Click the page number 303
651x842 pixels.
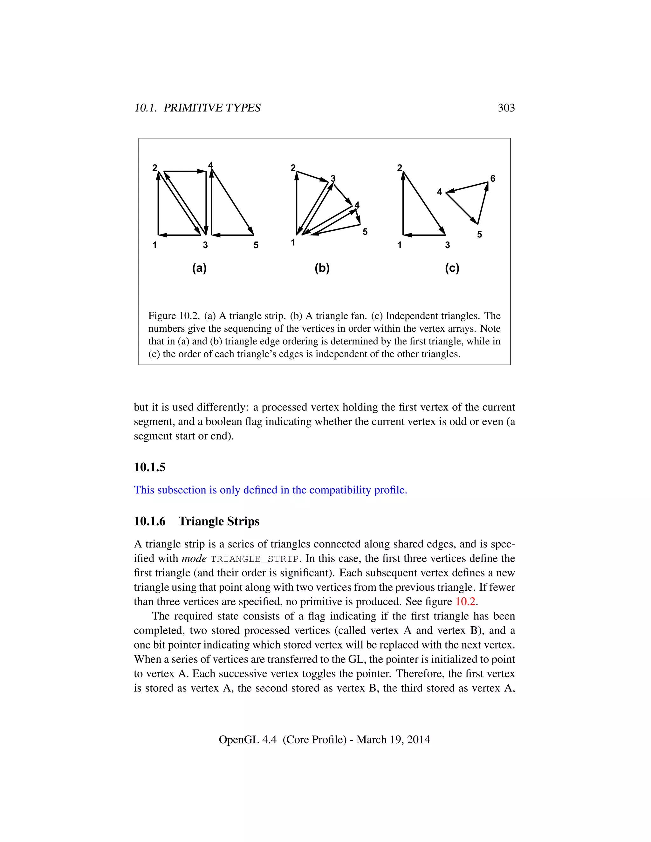(x=506, y=108)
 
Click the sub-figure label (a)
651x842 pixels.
(x=199, y=268)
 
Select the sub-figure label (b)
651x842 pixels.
(x=322, y=268)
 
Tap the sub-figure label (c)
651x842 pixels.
(x=452, y=268)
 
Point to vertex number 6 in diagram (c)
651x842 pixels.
(x=492, y=179)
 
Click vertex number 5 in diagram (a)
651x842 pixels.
(x=256, y=245)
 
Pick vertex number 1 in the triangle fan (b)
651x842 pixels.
(x=293, y=242)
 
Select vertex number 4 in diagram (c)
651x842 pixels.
(x=439, y=192)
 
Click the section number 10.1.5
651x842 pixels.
(x=150, y=467)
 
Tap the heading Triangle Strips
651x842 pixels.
(x=219, y=521)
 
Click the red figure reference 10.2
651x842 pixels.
(x=465, y=601)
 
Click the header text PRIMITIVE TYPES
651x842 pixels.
(x=212, y=108)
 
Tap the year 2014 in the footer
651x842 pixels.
(x=418, y=739)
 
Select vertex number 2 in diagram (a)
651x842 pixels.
(x=155, y=168)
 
